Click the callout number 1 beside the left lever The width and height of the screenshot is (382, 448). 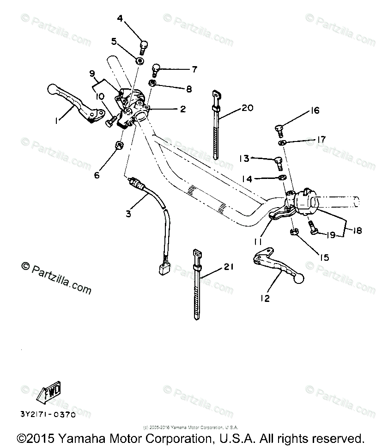(57, 121)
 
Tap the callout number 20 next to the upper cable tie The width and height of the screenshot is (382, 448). (247, 109)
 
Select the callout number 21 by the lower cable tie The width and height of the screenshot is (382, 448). (229, 267)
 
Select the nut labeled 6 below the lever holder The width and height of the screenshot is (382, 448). (118, 147)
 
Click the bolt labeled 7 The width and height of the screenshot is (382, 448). (156, 69)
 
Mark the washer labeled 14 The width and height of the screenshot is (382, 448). (281, 178)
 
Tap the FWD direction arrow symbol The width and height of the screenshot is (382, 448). (49, 392)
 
